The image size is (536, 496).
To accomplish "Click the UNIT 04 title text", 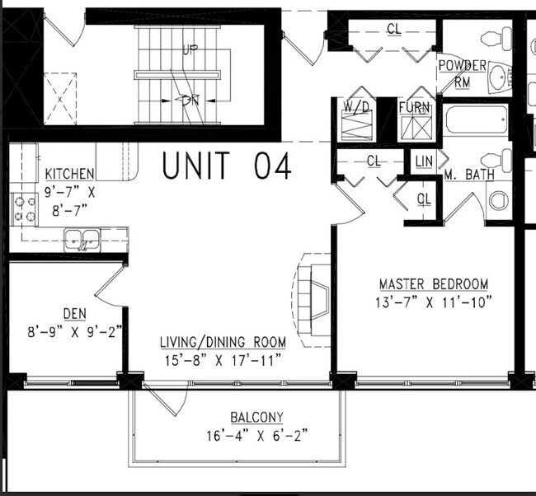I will pyautogui.click(x=226, y=167).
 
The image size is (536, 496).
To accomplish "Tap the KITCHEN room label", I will pyautogui.click(x=69, y=174).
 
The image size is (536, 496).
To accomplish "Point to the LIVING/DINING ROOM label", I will pyautogui.click(x=223, y=341).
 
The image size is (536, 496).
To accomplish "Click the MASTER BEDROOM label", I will pyautogui.click(x=434, y=283).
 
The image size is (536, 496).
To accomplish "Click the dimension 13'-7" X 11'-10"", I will pyautogui.click(x=433, y=301).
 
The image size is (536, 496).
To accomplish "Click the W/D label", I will pyautogui.click(x=357, y=107).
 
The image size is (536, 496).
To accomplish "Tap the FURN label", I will pyautogui.click(x=413, y=107).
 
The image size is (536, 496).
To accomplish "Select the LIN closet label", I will pyautogui.click(x=425, y=161).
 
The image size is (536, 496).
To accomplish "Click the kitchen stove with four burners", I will pyautogui.click(x=24, y=209).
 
